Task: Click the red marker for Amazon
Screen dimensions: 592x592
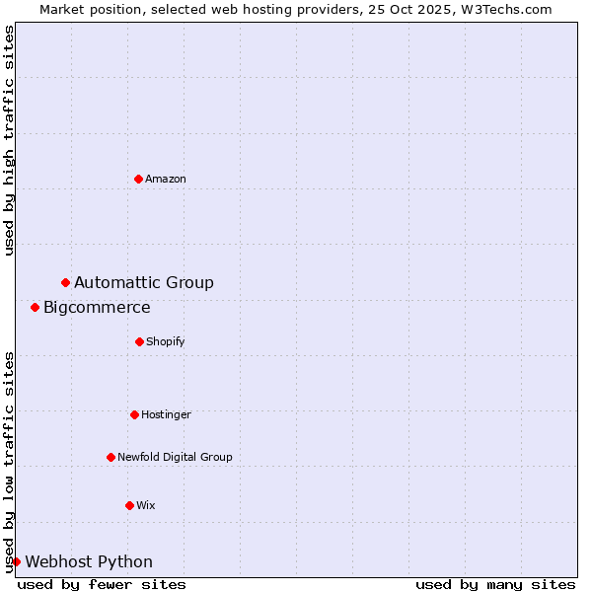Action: pos(139,179)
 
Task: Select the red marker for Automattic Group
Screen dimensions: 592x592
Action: pos(66,283)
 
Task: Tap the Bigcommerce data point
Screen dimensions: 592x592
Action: pos(36,308)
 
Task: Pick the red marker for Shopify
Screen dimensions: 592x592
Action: pos(139,341)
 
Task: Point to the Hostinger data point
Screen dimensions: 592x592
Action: pos(134,414)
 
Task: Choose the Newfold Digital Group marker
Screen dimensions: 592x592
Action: pos(111,457)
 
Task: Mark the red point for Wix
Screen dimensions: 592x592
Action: pos(129,505)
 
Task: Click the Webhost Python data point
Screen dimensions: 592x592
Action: pos(16,561)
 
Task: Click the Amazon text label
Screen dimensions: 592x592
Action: pos(166,179)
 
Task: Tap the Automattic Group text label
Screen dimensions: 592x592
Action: pos(144,283)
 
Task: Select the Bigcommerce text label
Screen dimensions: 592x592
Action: pos(97,308)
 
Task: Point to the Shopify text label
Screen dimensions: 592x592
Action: pos(166,341)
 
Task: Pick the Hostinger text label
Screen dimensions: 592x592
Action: pos(166,414)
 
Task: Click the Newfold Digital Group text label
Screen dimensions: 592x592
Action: pos(175,457)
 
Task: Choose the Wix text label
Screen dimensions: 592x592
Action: pos(146,505)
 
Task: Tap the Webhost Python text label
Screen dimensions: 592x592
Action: pos(89,562)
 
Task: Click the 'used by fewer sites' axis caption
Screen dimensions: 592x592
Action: pos(102,584)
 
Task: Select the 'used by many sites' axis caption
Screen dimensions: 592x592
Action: pos(495,584)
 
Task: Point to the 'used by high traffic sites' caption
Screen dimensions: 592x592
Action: pos(9,140)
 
